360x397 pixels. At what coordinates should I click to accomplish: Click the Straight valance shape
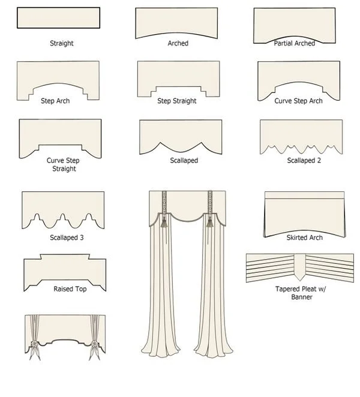(x=58, y=18)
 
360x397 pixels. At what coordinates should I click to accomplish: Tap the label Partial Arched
(x=295, y=44)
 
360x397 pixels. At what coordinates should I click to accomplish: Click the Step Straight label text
(x=177, y=101)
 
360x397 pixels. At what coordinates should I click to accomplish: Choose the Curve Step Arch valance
(x=299, y=75)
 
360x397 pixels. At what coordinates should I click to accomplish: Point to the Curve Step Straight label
(x=64, y=165)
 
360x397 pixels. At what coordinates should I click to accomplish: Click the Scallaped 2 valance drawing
(x=301, y=133)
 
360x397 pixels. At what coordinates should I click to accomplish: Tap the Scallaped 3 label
(x=67, y=237)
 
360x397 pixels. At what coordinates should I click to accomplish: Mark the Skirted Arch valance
(x=305, y=210)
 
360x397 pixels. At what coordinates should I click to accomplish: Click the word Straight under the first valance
(x=62, y=44)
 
